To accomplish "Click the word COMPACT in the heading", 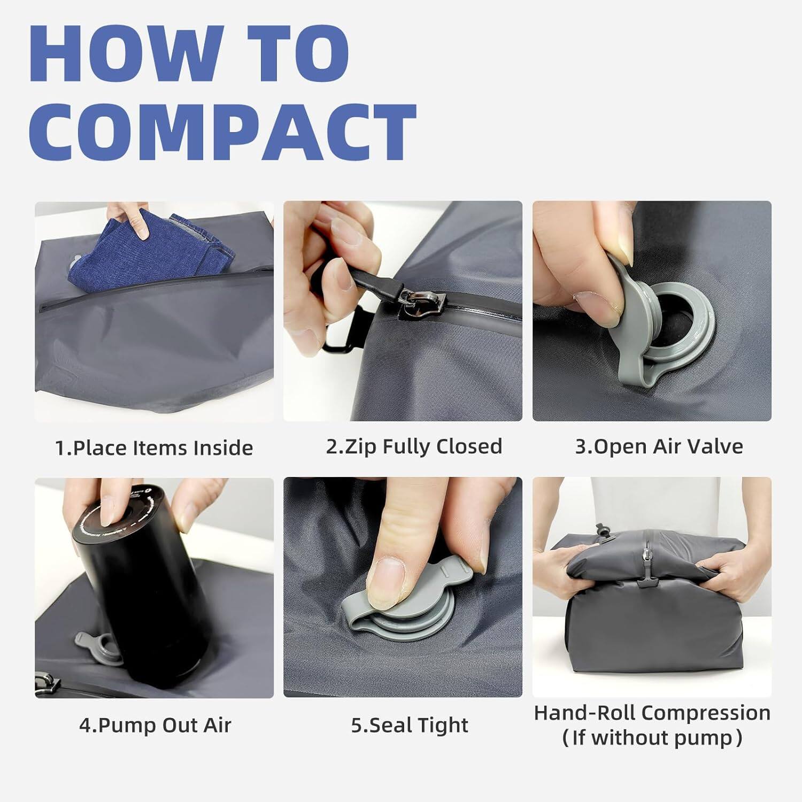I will [x=222, y=131].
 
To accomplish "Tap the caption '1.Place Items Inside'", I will [x=154, y=448].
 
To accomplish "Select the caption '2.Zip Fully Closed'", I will [x=414, y=446].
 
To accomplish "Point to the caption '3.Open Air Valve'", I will [x=659, y=446].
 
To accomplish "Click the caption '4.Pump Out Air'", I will [x=155, y=725].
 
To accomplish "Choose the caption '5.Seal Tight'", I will [x=410, y=725].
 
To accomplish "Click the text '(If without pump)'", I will [x=652, y=738].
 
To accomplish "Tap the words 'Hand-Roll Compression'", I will [x=652, y=713].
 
